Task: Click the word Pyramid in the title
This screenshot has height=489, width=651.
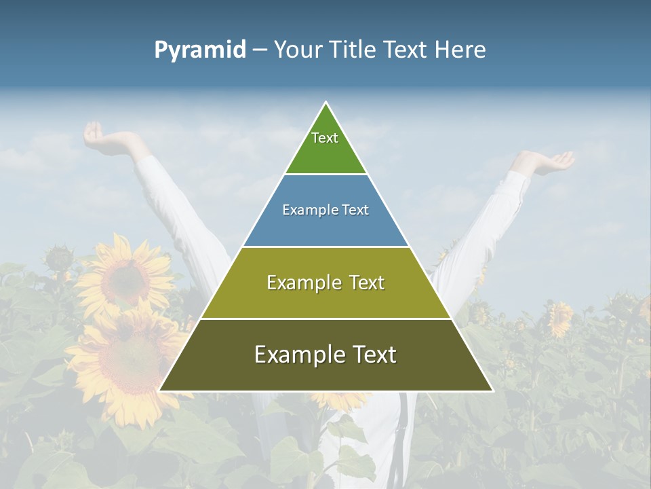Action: (x=200, y=50)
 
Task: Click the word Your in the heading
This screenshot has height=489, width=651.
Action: (x=298, y=50)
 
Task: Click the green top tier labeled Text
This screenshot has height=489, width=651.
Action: (x=325, y=146)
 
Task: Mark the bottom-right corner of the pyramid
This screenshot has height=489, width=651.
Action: (x=492, y=391)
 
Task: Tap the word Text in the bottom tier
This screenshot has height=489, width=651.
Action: (x=372, y=355)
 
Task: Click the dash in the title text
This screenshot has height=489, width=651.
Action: (x=260, y=50)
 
